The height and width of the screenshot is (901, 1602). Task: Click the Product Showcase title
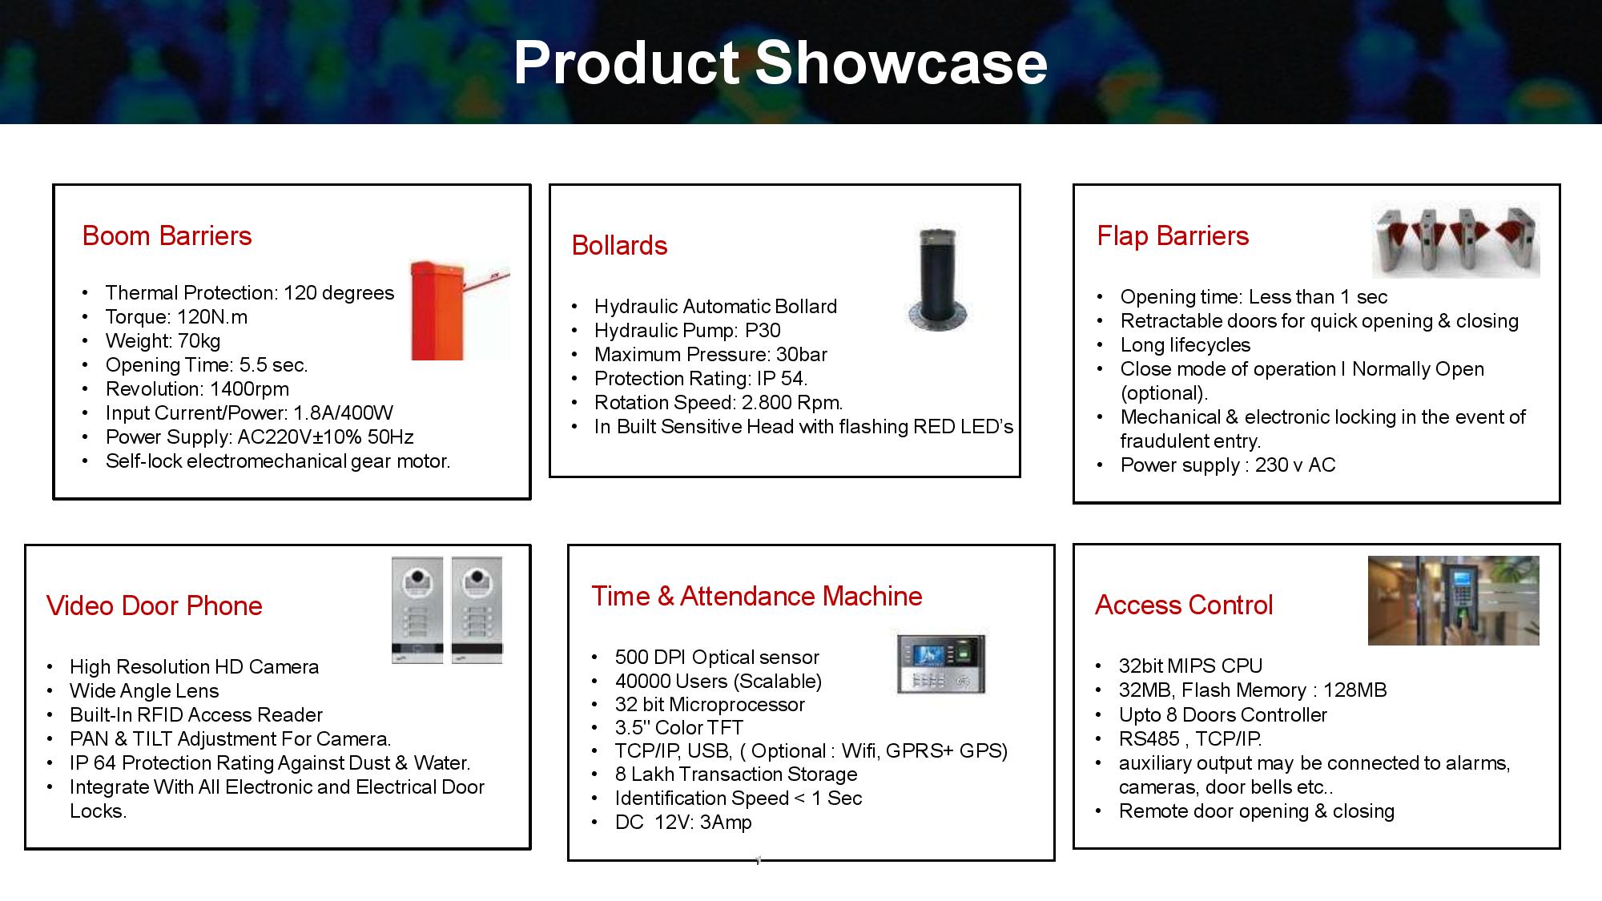[x=780, y=62]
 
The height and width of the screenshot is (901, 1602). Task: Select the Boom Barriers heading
[x=167, y=235]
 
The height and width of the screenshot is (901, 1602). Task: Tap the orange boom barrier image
[x=460, y=310]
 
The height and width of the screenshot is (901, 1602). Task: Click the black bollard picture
[x=937, y=280]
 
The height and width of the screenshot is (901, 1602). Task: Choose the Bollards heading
[x=619, y=245]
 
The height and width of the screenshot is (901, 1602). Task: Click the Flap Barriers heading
[x=1173, y=235]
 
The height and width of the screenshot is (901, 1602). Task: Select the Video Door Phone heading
[x=155, y=605]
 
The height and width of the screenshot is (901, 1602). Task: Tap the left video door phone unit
[x=417, y=610]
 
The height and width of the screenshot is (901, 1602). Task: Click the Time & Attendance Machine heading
[x=757, y=596]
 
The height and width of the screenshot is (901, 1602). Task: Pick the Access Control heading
[x=1184, y=605]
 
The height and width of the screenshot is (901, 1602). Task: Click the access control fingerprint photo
[x=1454, y=601]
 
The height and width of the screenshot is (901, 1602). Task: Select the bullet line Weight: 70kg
[x=163, y=341]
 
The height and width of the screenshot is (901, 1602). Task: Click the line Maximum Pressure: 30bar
[x=710, y=355]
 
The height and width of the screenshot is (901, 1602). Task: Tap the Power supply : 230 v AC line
[x=1228, y=465]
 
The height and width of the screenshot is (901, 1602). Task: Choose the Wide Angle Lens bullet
[x=144, y=691]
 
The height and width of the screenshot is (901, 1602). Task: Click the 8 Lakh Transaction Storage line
[x=736, y=774]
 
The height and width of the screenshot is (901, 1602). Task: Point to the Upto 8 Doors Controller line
[x=1223, y=715]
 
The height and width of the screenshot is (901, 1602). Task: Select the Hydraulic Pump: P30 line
[x=687, y=331]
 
